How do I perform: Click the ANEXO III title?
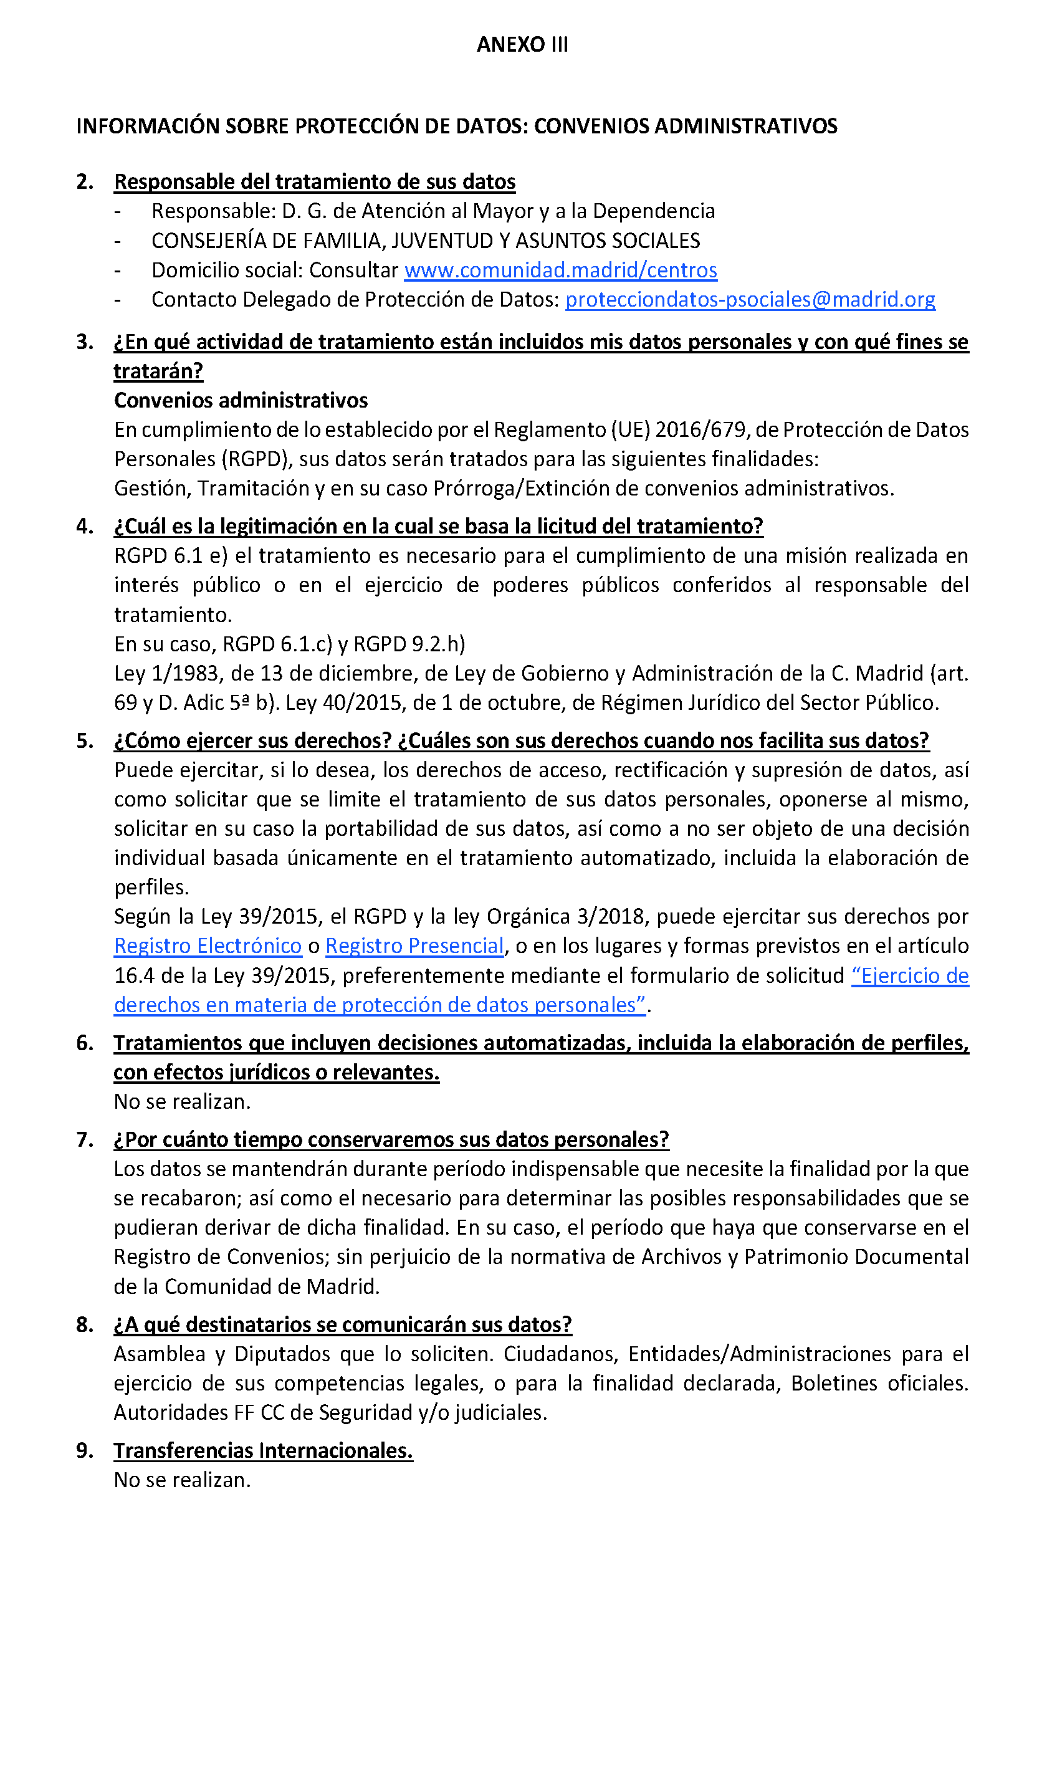522,45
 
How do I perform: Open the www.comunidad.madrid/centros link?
560,270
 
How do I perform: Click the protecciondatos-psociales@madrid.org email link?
750,300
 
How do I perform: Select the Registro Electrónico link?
208,946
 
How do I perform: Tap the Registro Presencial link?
415,946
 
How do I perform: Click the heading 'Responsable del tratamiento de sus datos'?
315,182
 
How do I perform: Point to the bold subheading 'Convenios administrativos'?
241,401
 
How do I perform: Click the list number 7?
85,1140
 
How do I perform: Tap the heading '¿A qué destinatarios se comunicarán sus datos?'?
342,1325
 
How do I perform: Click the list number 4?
85,527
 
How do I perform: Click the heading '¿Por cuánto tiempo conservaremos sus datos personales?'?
391,1140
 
